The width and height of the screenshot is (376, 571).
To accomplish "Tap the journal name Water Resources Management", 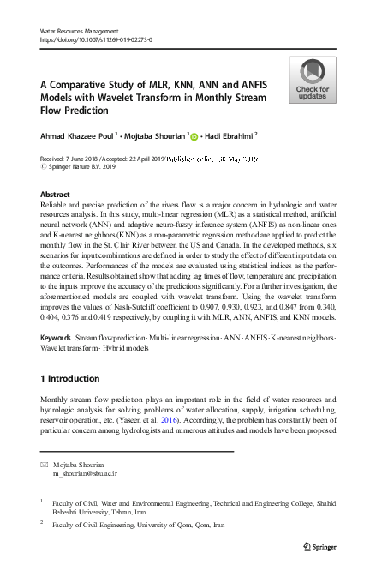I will click(x=82, y=30).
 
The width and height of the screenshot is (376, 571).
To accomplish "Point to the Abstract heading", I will click(x=56, y=195).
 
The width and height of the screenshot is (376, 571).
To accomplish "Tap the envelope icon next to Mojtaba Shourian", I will click(x=45, y=464).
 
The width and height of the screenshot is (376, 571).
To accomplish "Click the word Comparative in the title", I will click(x=88, y=85).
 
